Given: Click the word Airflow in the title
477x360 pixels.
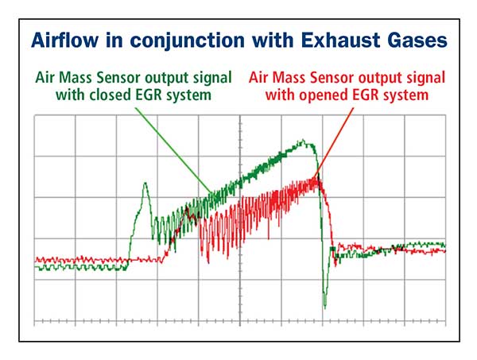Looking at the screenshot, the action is [65, 40].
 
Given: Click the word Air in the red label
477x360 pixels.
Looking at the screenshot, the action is [258, 78].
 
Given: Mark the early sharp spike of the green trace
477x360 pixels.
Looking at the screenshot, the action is [145, 183].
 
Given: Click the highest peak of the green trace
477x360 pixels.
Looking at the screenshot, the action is [303, 140].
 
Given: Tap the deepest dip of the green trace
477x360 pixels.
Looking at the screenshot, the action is [325, 308].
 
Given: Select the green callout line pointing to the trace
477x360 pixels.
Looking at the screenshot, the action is [173, 150].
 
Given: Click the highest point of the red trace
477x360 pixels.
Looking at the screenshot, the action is [315, 177].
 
